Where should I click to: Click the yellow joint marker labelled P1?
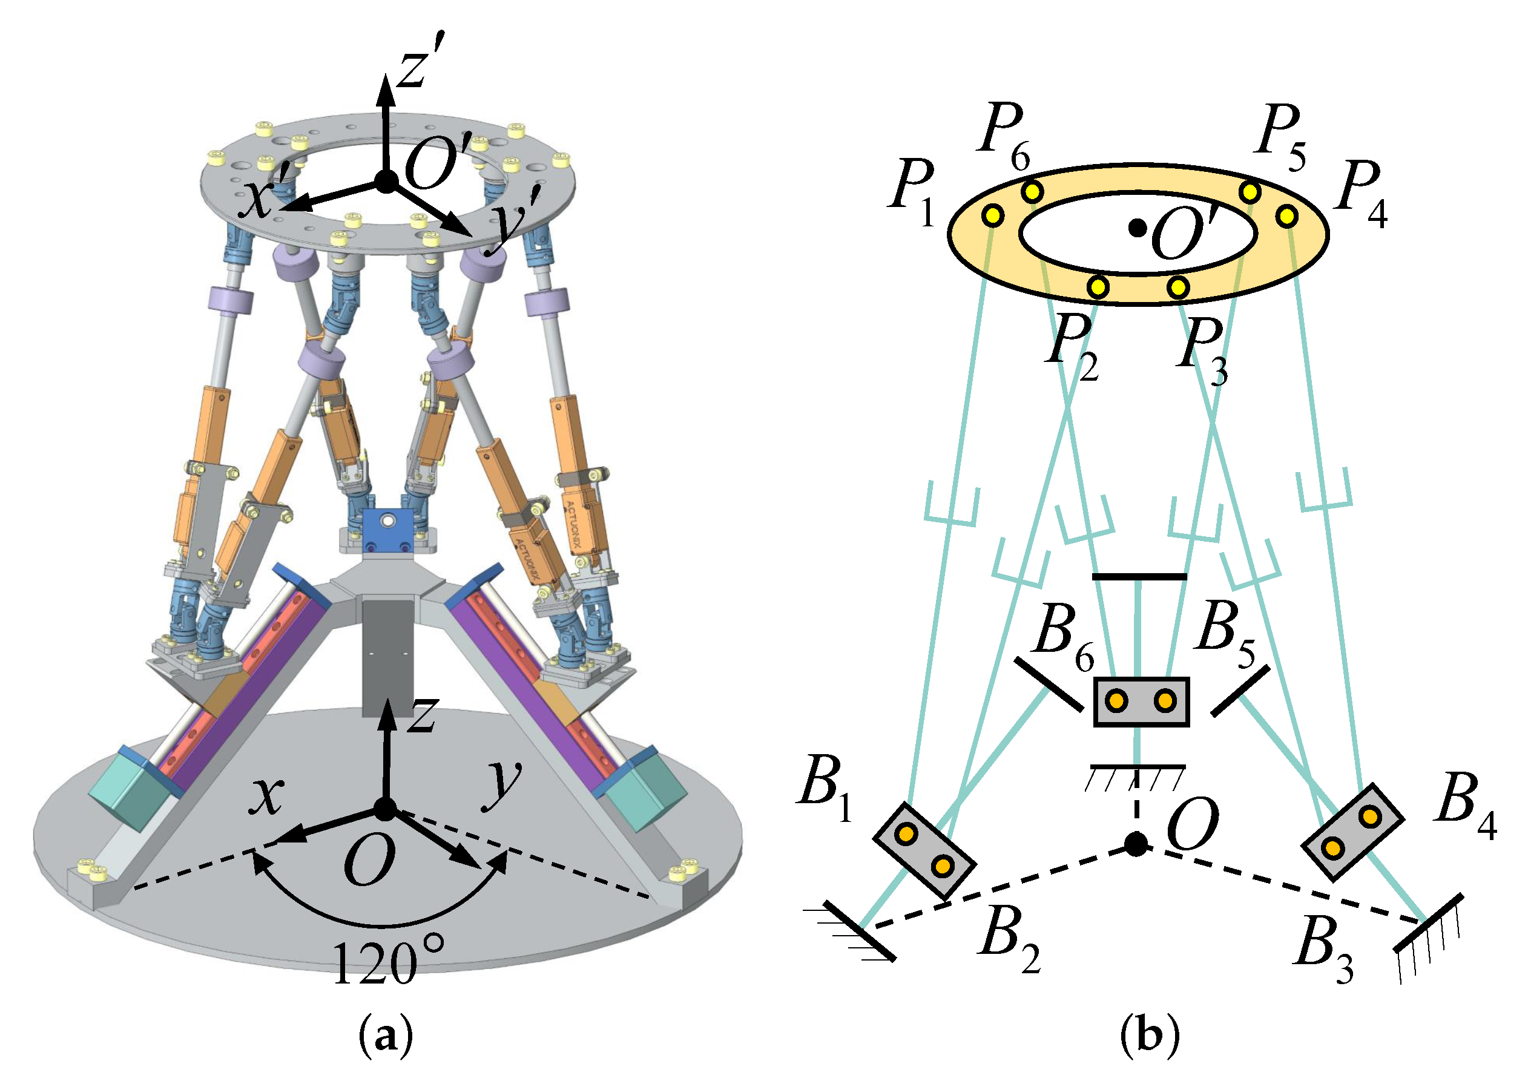click(993, 215)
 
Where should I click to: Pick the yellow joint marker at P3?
click(1178, 287)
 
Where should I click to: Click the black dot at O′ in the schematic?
click(1138, 228)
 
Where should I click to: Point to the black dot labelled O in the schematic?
click(1136, 844)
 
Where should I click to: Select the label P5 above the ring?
click(1280, 137)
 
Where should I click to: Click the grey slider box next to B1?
click(924, 850)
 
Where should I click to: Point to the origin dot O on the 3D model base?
click(385, 810)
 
